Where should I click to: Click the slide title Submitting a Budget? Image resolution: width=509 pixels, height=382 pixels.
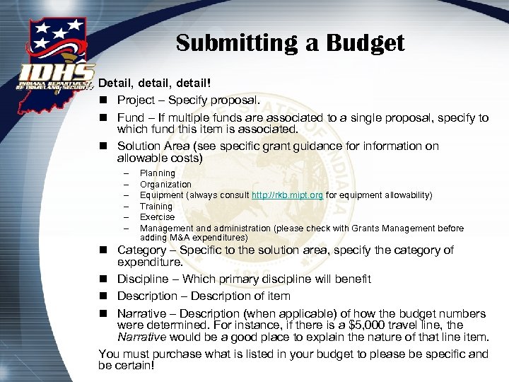point(290,42)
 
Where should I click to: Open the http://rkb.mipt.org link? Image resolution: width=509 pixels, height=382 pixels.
point(287,195)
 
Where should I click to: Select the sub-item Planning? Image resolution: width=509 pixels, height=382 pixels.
point(157,173)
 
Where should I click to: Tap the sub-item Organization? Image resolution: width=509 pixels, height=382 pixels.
point(165,185)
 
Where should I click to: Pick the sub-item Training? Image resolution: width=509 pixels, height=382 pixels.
point(156,207)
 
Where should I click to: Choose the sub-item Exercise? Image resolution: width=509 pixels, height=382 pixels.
point(157,217)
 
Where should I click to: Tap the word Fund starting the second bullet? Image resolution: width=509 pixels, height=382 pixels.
point(131,118)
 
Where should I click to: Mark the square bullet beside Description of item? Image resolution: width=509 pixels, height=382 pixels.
point(103,296)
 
